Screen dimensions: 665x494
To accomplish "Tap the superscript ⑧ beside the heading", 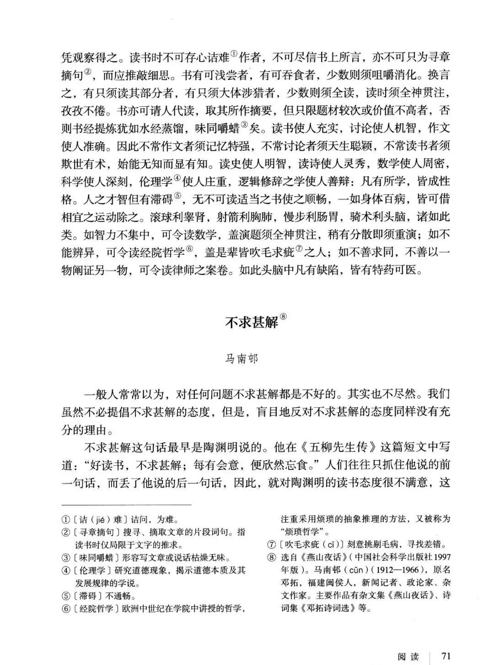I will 283,316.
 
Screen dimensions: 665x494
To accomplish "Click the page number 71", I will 446,656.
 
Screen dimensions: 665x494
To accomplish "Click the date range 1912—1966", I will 397,571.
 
